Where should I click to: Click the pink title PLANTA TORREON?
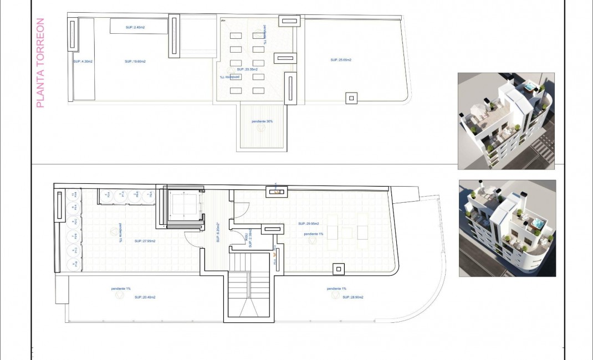click(x=39, y=63)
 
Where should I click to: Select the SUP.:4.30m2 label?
click(x=83, y=61)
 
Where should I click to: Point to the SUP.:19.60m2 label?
click(x=135, y=61)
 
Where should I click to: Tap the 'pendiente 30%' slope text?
click(x=262, y=121)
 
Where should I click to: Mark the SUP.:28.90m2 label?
click(x=352, y=297)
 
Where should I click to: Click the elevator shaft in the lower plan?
click(x=183, y=206)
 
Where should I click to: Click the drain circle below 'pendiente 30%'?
click(x=262, y=127)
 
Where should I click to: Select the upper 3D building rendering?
click(x=505, y=121)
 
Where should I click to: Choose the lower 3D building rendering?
click(x=507, y=228)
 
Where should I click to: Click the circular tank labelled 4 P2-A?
click(x=72, y=209)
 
